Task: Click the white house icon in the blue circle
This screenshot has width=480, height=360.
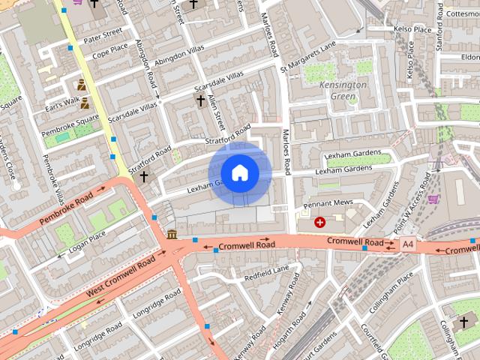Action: pyautogui.click(x=239, y=172)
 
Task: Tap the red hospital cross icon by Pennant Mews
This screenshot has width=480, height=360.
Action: pyautogui.click(x=320, y=222)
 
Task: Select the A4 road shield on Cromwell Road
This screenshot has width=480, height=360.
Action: pyautogui.click(x=407, y=244)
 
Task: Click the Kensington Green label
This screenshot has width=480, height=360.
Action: pyautogui.click(x=343, y=91)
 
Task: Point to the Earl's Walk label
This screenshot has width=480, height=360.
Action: pyautogui.click(x=61, y=103)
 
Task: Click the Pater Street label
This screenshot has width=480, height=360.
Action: pyautogui.click(x=103, y=35)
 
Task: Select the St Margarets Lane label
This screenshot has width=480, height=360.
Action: pyautogui.click(x=308, y=58)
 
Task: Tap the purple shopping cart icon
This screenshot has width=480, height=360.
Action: pyautogui.click(x=433, y=199)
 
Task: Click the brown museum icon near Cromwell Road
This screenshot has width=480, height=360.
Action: pyautogui.click(x=172, y=235)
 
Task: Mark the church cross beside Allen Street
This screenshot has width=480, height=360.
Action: pyautogui.click(x=200, y=100)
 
